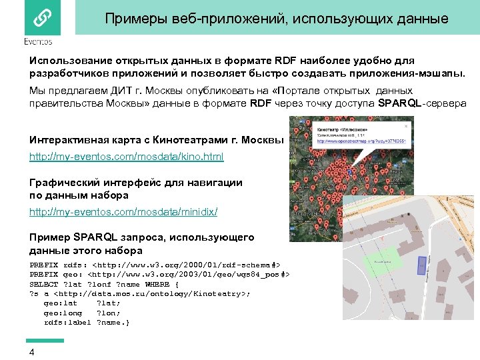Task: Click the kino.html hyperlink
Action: [126, 157]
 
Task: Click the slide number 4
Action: [32, 352]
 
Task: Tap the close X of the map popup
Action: [408, 121]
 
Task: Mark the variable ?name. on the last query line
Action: [113, 323]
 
